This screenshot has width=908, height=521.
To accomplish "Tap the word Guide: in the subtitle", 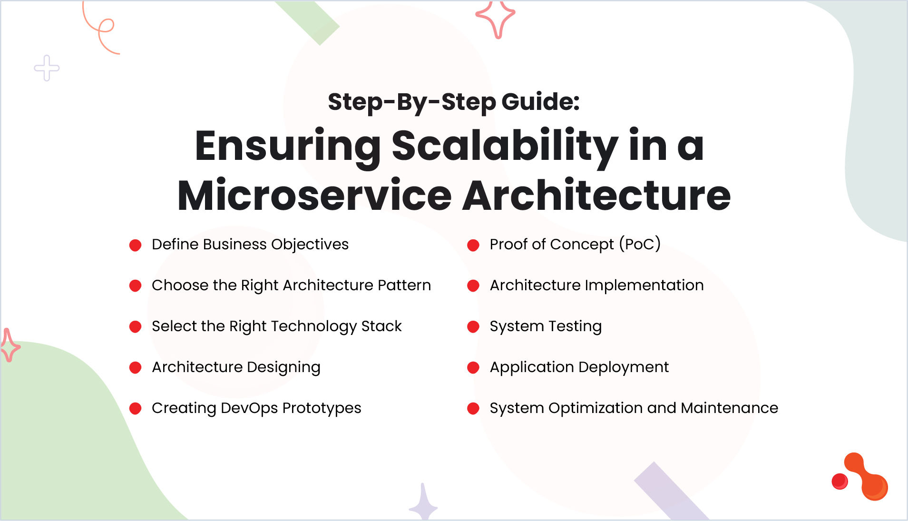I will tap(540, 102).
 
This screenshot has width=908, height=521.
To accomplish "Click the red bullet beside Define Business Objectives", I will tap(136, 245).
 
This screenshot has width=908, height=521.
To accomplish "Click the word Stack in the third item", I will tap(381, 326).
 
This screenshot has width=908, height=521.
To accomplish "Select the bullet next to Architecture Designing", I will tap(136, 367).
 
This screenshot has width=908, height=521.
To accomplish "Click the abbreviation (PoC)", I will tap(640, 245).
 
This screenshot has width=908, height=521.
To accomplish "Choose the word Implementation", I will tap(644, 285).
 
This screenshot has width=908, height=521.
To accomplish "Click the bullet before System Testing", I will tap(473, 326).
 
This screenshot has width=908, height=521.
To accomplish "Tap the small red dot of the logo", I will tap(840, 481).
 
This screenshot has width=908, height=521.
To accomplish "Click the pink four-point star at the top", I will tap(496, 18).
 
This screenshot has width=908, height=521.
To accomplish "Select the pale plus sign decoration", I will tap(47, 68).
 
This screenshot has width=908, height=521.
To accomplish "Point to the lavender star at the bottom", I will tap(423, 503).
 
